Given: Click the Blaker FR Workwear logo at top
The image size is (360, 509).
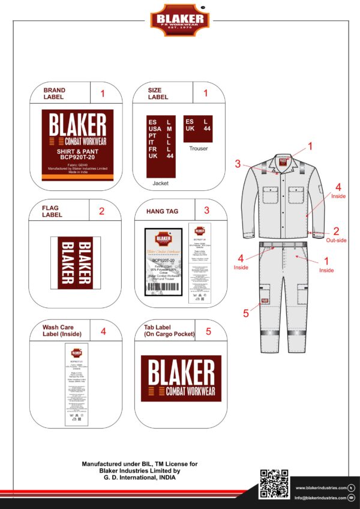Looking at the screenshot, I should pyautogui.click(x=180, y=20).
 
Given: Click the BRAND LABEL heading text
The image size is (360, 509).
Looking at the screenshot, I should pyautogui.click(x=54, y=93).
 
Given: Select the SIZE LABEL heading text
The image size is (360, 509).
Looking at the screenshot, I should pyautogui.click(x=158, y=93).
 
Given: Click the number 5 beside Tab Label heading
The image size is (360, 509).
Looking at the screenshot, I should pyautogui.click(x=208, y=330).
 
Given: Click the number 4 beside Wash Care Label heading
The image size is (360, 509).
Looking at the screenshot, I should pyautogui.click(x=103, y=330).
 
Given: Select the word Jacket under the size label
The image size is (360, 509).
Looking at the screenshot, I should pyautogui.click(x=161, y=182).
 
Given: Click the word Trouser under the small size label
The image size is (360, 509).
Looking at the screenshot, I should pyautogui.click(x=198, y=148).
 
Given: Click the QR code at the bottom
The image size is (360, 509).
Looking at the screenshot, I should pyautogui.click(x=273, y=484).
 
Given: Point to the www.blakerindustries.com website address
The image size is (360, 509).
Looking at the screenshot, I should pyautogui.click(x=320, y=487).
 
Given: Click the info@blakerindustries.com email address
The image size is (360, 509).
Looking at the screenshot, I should pyautogui.click(x=320, y=498).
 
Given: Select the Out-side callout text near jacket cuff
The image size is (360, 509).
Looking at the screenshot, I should pyautogui.click(x=336, y=240).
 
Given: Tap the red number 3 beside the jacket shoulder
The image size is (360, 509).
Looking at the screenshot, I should pyautogui.click(x=238, y=163).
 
